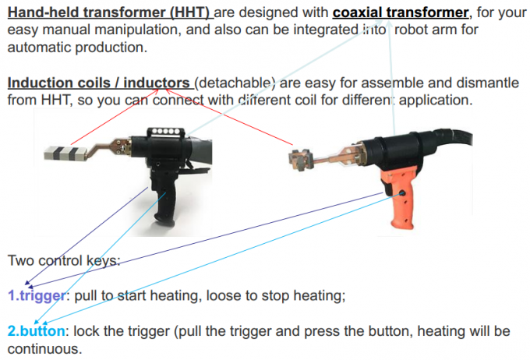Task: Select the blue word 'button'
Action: [42, 331]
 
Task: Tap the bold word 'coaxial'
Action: [366, 13]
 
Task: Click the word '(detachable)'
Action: [236, 83]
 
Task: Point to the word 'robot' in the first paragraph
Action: [412, 30]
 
